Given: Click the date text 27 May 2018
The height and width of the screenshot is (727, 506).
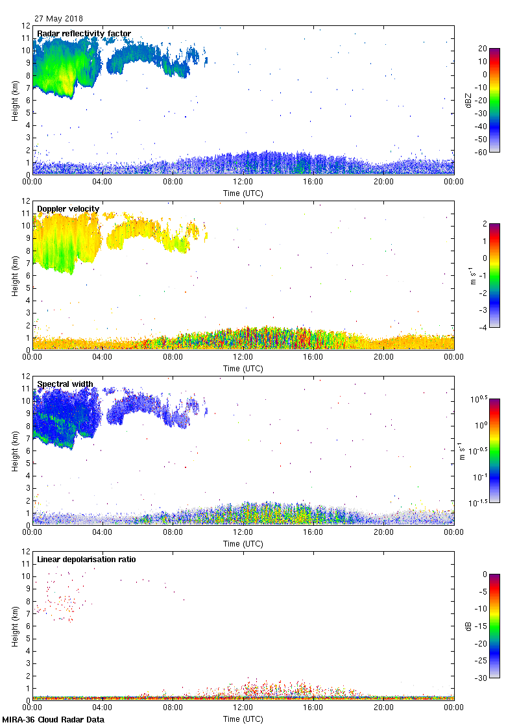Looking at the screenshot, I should coord(58,19).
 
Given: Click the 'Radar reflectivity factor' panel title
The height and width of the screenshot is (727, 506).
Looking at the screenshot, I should coord(84,34).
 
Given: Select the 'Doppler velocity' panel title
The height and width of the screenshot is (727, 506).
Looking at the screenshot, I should coord(68,209).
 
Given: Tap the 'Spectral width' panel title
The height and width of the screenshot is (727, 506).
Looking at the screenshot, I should coord(65,384).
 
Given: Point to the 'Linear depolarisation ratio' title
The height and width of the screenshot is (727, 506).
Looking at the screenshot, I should coord(86,560).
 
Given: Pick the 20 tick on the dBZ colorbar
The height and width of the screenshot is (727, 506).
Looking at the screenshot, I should coord(483,49).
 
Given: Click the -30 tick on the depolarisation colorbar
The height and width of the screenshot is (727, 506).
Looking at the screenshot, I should coord(482,678).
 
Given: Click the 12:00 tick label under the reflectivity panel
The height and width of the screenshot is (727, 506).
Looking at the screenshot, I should coord(243,182).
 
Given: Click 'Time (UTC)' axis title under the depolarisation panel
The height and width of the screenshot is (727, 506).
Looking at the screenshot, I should coord(243,719).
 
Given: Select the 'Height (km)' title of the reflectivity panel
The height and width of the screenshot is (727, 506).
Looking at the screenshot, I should coord(15,100).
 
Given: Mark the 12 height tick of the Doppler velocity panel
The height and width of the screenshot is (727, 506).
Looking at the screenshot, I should coord(26,201).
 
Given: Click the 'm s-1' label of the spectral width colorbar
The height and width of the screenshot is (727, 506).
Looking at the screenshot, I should coord(462,450).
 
